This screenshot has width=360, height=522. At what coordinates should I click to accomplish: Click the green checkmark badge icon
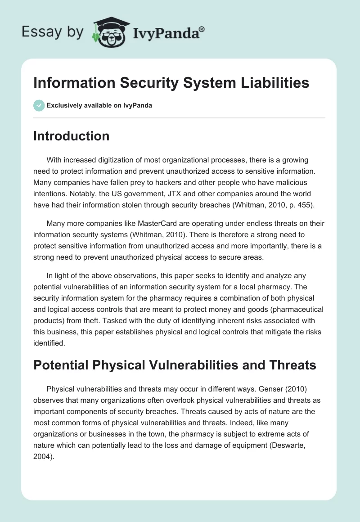(39, 105)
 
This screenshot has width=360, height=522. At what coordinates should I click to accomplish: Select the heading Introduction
(71, 136)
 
